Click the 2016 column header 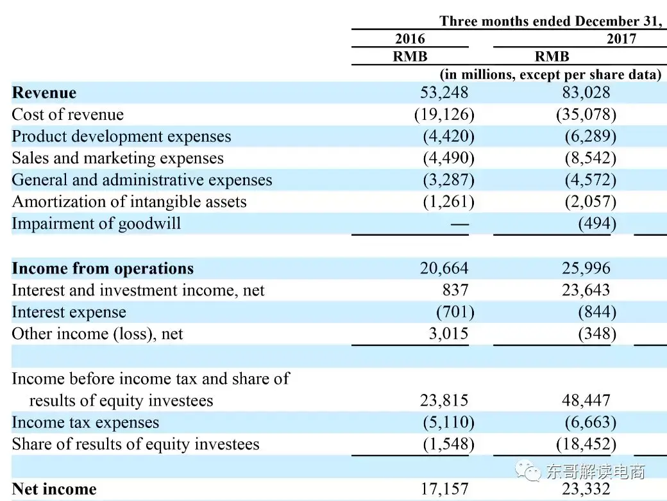pyautogui.click(x=410, y=38)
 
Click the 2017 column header pyautogui.click(x=621, y=38)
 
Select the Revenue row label pyautogui.click(x=44, y=93)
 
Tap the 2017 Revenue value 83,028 pyautogui.click(x=586, y=93)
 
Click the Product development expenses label pyautogui.click(x=121, y=136)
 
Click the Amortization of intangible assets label pyautogui.click(x=129, y=202)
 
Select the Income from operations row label pyautogui.click(x=103, y=268)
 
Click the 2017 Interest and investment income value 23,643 pyautogui.click(x=586, y=290)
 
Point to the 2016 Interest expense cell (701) pyautogui.click(x=455, y=312)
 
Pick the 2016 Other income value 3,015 pyautogui.click(x=449, y=334)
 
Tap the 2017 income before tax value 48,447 pyautogui.click(x=586, y=400)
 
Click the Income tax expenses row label pyautogui.click(x=85, y=423)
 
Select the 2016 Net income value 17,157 pyautogui.click(x=444, y=489)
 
